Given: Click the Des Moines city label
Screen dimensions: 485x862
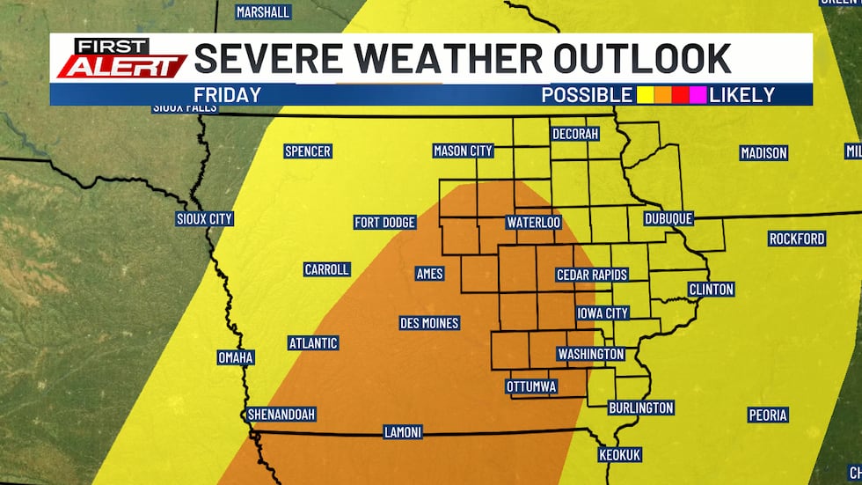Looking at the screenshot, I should pyautogui.click(x=429, y=323).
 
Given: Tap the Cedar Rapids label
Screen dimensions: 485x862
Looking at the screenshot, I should pyautogui.click(x=592, y=276).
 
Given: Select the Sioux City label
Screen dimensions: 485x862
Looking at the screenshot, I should pyautogui.click(x=204, y=218).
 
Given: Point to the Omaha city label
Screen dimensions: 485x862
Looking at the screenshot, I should pyautogui.click(x=236, y=357).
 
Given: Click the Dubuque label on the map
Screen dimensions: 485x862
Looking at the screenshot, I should pyautogui.click(x=668, y=218).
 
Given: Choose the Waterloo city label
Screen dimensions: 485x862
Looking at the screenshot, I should pyautogui.click(x=534, y=223).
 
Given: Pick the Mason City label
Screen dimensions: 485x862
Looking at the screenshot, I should pyautogui.click(x=463, y=151).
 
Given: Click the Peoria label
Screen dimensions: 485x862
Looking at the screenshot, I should pyautogui.click(x=767, y=415).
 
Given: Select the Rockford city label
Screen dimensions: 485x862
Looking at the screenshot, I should pyautogui.click(x=797, y=239).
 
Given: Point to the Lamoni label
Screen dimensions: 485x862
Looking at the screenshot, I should pyautogui.click(x=403, y=432).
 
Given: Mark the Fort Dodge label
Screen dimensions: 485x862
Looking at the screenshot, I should pyautogui.click(x=384, y=223).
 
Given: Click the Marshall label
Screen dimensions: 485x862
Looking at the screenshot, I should pyautogui.click(x=263, y=12).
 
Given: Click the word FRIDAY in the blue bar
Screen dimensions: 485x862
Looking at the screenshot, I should pyautogui.click(x=227, y=95).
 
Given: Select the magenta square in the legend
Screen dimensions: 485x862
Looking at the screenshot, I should pyautogui.click(x=698, y=95).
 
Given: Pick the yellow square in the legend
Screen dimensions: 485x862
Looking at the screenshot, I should pyautogui.click(x=645, y=95).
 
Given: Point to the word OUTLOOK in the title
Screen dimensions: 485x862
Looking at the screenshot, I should pyautogui.click(x=642, y=59).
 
